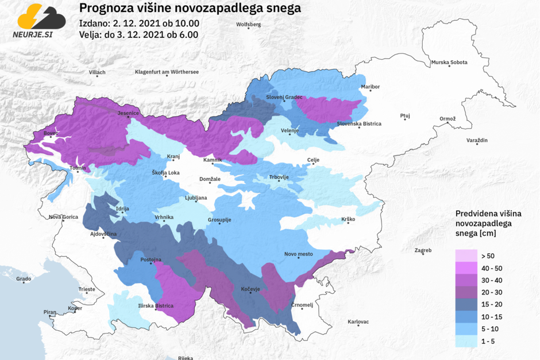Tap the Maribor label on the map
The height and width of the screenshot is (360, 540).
[x=371, y=87]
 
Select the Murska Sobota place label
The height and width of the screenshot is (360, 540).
[x=449, y=62]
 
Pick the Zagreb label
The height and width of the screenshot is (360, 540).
[x=423, y=251]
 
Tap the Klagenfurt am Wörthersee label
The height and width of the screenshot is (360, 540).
[x=167, y=72]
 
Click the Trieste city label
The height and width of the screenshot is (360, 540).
[x=87, y=289]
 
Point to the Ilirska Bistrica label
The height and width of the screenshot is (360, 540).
[x=156, y=305]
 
